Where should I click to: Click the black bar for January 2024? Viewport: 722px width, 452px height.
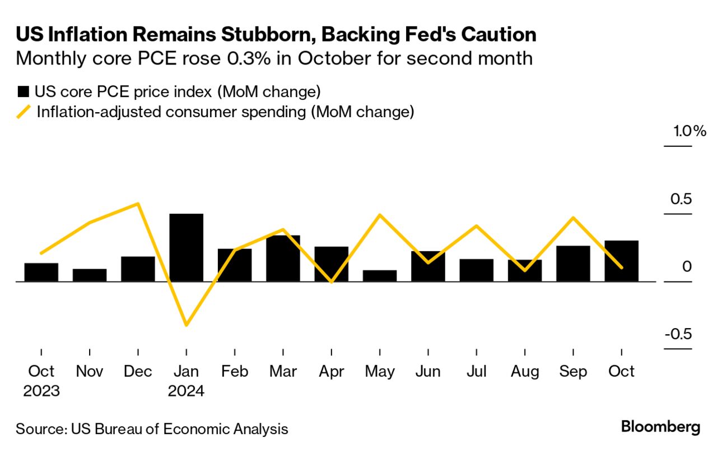(x=186, y=247)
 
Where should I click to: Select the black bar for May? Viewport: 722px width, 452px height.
(x=379, y=275)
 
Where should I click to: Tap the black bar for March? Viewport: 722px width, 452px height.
(x=283, y=258)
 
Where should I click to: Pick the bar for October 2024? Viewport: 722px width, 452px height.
(x=621, y=261)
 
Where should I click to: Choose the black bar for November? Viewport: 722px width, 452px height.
(x=90, y=275)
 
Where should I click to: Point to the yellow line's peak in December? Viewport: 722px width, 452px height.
(x=138, y=204)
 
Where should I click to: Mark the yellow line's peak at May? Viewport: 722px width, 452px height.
(x=379, y=215)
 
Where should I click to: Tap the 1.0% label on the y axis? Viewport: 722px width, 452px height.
(x=690, y=132)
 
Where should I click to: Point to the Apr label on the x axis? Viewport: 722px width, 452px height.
(x=331, y=371)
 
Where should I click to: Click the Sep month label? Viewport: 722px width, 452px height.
(x=574, y=371)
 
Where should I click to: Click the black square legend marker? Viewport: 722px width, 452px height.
(x=24, y=92)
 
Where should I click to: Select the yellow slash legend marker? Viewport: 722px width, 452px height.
(x=24, y=112)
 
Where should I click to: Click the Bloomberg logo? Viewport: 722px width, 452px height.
(x=660, y=427)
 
